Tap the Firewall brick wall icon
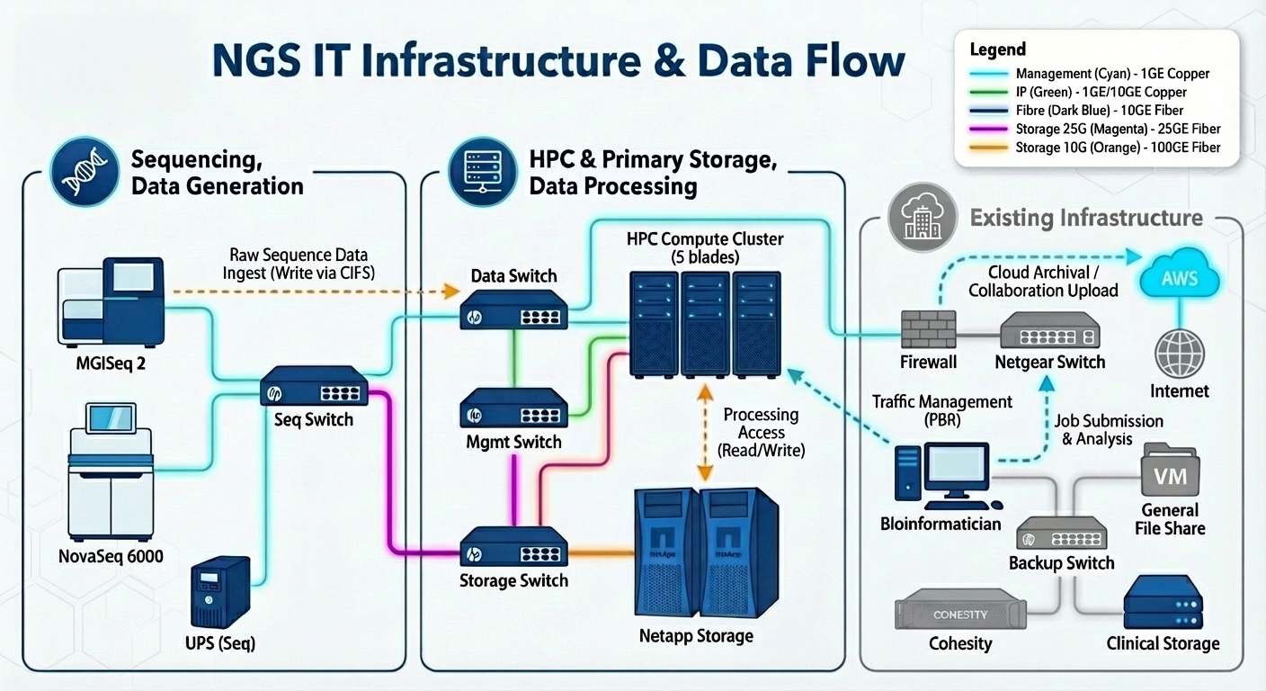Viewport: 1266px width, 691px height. tap(928, 330)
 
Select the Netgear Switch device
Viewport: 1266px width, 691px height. tap(1049, 330)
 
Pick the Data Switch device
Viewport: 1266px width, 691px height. tap(513, 309)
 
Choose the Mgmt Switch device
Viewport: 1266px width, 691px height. tap(513, 409)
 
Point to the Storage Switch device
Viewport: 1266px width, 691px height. tap(513, 546)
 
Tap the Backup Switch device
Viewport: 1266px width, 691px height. tap(1061, 534)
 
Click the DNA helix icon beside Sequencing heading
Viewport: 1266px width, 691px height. tap(80, 171)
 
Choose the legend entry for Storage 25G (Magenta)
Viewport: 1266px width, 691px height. tap(1118, 129)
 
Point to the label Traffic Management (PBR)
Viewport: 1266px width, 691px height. tap(942, 410)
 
